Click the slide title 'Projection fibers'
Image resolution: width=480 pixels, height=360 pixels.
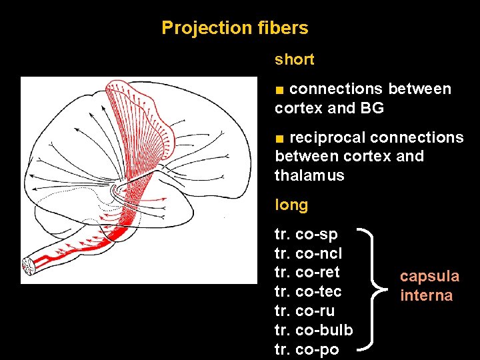(235, 28)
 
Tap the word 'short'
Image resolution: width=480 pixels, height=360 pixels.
(294, 59)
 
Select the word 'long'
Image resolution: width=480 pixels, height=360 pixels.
(291, 205)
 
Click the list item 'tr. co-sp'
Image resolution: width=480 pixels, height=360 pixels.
(306, 234)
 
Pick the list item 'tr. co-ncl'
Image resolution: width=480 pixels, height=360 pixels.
(308, 253)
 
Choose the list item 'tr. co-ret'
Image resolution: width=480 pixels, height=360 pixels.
(307, 272)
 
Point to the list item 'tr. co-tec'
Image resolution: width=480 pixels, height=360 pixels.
(308, 291)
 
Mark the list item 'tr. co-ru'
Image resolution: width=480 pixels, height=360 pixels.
(305, 311)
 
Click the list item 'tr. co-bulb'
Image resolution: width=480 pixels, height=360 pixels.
(313, 330)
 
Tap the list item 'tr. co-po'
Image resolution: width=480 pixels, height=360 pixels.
(307, 349)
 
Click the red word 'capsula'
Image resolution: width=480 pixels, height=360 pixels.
(429, 276)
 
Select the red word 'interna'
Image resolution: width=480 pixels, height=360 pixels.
(426, 295)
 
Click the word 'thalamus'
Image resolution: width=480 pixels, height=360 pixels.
(309, 176)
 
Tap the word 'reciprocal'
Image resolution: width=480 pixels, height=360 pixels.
(327, 137)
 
